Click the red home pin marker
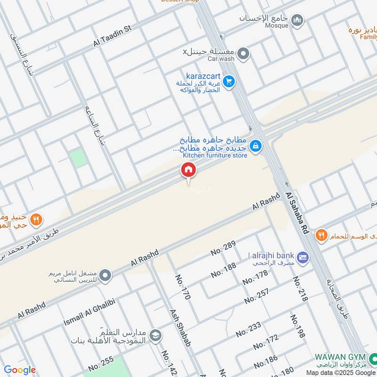[188, 170]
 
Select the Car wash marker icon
[243, 54]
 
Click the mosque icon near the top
[297, 20]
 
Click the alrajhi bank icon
[303, 257]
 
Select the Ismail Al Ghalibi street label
[90, 315]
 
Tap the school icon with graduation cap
[155, 336]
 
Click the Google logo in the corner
[20, 370]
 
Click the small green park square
[79, 158]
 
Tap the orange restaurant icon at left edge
[36, 220]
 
